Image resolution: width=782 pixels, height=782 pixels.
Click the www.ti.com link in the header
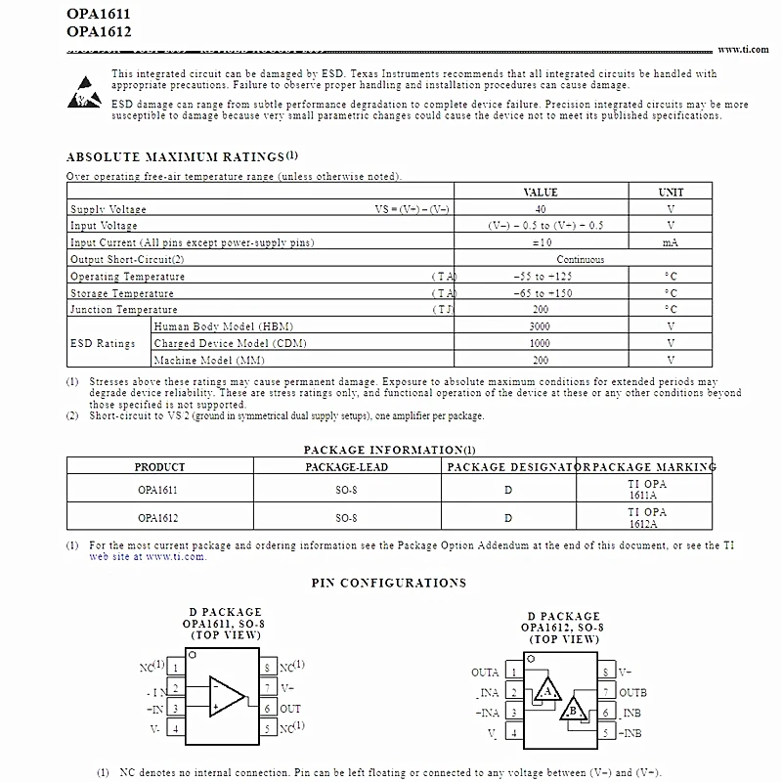pyautogui.click(x=745, y=50)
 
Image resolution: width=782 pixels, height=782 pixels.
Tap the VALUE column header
pyautogui.click(x=541, y=193)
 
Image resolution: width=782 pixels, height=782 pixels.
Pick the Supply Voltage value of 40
pyautogui.click(x=541, y=209)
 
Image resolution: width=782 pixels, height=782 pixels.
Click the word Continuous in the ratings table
pyautogui.click(x=580, y=260)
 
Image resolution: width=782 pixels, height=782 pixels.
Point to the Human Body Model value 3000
pyautogui.click(x=541, y=326)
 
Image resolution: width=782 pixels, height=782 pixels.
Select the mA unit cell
pyautogui.click(x=671, y=242)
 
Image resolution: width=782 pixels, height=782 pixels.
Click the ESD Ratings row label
pyautogui.click(x=103, y=343)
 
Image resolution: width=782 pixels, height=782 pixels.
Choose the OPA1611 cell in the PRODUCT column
pyautogui.click(x=158, y=489)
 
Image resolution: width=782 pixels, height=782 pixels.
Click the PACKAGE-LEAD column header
pyautogui.click(x=346, y=467)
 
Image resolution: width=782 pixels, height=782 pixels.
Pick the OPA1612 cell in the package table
pyautogui.click(x=158, y=517)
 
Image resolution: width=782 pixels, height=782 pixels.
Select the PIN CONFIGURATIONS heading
pyautogui.click(x=389, y=584)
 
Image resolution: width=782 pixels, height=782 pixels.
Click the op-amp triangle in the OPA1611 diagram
pyautogui.click(x=227, y=696)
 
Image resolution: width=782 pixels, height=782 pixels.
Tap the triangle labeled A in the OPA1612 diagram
pyautogui.click(x=547, y=692)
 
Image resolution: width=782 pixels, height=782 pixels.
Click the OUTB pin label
pyautogui.click(x=633, y=693)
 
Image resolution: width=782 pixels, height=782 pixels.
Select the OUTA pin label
pyautogui.click(x=485, y=673)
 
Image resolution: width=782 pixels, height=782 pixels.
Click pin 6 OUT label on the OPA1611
pyautogui.click(x=290, y=709)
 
